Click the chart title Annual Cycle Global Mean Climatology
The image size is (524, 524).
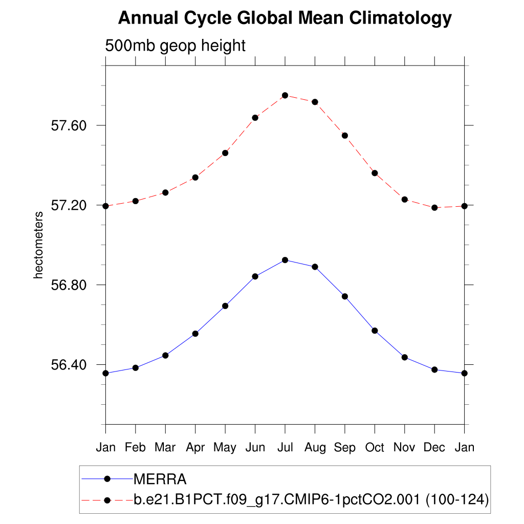pyautogui.click(x=285, y=18)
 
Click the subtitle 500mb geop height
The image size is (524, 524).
pyautogui.click(x=176, y=46)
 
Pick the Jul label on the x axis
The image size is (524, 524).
pyautogui.click(x=285, y=447)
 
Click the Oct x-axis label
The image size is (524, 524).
pyautogui.click(x=375, y=447)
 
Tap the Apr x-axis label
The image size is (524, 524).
pyautogui.click(x=195, y=447)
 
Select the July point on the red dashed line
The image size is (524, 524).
pyautogui.click(x=285, y=95)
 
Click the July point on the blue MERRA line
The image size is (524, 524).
pyautogui.click(x=285, y=260)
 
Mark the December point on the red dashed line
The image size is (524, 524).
pyautogui.click(x=434, y=208)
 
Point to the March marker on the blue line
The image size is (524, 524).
pyautogui.click(x=165, y=355)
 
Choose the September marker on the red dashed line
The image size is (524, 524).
pyautogui.click(x=345, y=136)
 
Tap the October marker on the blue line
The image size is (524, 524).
pyautogui.click(x=375, y=331)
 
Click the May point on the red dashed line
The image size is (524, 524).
pyautogui.click(x=225, y=153)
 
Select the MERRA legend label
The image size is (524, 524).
pyautogui.click(x=160, y=479)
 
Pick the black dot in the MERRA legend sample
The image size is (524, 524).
pyautogui.click(x=107, y=479)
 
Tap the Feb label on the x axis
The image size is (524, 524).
pyautogui.click(x=135, y=447)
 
